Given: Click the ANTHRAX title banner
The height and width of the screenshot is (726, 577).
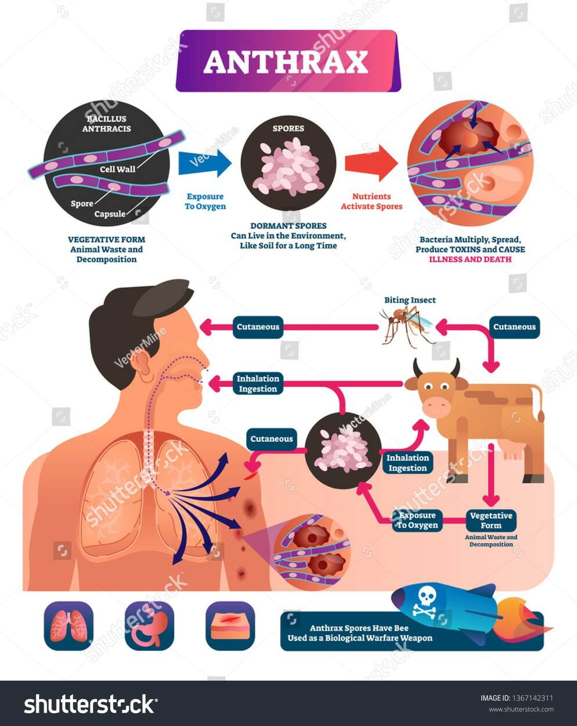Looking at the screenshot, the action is (288, 61).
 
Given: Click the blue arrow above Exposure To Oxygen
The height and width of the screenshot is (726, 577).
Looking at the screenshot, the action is (205, 163).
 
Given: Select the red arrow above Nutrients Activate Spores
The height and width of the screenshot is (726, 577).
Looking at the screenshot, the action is (372, 163).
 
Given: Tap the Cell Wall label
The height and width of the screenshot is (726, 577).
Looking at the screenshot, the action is (117, 169).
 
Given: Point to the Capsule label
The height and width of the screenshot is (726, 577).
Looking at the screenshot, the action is (110, 214).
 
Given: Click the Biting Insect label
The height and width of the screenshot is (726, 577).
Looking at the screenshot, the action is (410, 300).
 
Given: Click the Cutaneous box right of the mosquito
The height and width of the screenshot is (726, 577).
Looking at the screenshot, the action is (514, 326).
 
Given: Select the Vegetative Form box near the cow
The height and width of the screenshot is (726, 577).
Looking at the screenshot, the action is (491, 520).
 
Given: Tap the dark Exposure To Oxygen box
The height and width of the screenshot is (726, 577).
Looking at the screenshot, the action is (417, 520).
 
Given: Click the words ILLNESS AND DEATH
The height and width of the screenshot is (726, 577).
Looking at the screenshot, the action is (470, 259).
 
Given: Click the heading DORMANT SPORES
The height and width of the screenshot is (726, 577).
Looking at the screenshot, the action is (288, 226).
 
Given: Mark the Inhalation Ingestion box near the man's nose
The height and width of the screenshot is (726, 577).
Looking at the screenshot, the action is (258, 383).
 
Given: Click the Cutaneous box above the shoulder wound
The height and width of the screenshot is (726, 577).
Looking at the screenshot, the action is (272, 439).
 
